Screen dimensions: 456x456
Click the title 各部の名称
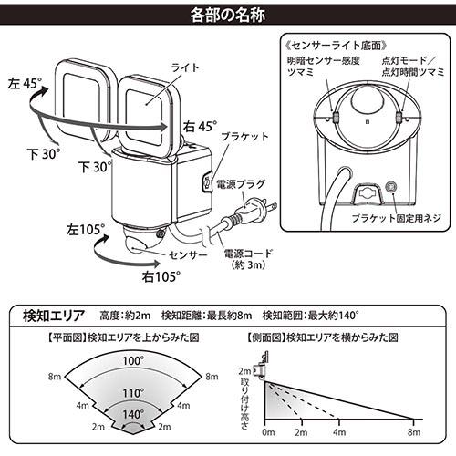(227, 15)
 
